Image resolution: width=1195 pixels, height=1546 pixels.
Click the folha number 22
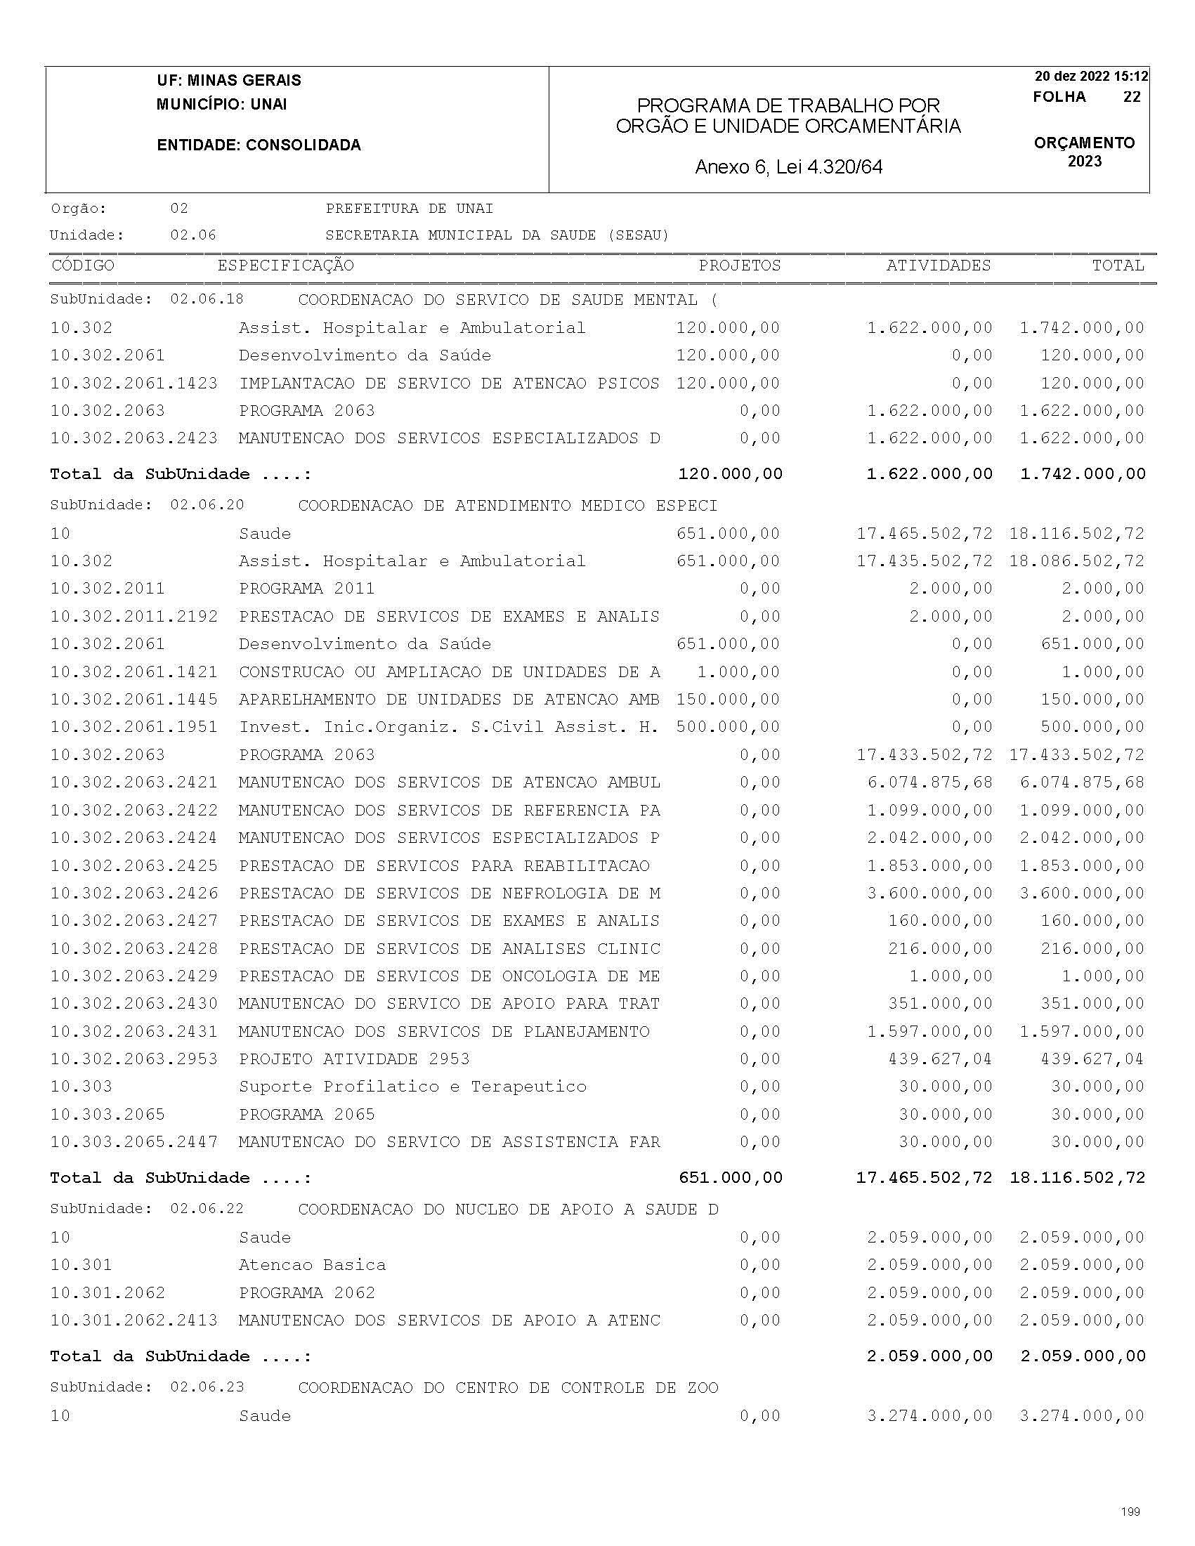pyautogui.click(x=1131, y=97)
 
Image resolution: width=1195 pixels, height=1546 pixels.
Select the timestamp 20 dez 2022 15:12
pyautogui.click(x=1091, y=77)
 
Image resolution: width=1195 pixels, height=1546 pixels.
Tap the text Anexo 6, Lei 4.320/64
pyautogui.click(x=789, y=167)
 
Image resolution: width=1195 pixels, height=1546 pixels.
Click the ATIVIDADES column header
pyautogui.click(x=938, y=266)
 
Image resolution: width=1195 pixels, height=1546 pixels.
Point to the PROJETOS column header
pyautogui.click(x=739, y=266)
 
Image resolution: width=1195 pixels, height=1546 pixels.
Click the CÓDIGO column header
pyautogui.click(x=83, y=266)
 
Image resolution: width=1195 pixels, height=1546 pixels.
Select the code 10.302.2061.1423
pyautogui.click(x=133, y=384)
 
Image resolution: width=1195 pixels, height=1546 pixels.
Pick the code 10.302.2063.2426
pyautogui.click(x=133, y=893)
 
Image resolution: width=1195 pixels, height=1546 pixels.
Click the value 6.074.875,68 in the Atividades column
pyautogui.click(x=929, y=782)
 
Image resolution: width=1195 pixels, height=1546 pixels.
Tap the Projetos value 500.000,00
pyautogui.click(x=727, y=727)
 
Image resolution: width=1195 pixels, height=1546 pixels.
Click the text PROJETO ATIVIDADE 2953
pyautogui.click(x=354, y=1059)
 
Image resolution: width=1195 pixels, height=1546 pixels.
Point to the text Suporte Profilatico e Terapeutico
pyautogui.click(x=412, y=1087)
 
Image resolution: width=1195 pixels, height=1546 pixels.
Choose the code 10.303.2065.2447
pyautogui.click(x=133, y=1142)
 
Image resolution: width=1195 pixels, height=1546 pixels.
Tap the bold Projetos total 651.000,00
pyautogui.click(x=730, y=1178)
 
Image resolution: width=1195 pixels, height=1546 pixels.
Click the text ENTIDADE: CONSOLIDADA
pyautogui.click(x=259, y=145)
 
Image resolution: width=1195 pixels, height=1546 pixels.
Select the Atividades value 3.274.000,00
pyautogui.click(x=929, y=1415)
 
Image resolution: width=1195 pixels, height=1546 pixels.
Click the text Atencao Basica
pyautogui.click(x=312, y=1265)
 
